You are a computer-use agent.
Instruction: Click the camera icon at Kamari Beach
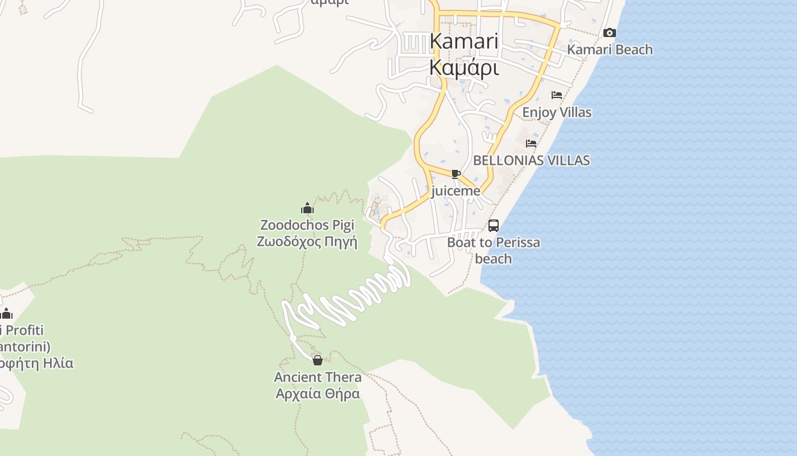pos(610,33)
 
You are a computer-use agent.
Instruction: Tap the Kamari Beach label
pos(610,50)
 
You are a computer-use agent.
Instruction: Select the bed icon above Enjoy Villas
pos(557,95)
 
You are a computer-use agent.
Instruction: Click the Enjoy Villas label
pos(557,112)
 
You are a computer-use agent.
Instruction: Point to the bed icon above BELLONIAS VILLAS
pos(531,144)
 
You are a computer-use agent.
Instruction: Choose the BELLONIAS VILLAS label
pos(531,160)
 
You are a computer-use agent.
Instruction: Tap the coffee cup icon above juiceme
pos(455,174)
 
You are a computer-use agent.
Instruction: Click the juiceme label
pos(455,191)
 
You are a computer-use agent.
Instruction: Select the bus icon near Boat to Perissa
pos(494,226)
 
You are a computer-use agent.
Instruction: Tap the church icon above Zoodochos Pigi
pos(307,208)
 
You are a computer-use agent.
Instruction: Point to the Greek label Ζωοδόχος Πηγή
pos(307,242)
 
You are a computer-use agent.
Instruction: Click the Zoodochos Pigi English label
pos(307,225)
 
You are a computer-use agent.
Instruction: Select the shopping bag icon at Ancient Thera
pos(318,360)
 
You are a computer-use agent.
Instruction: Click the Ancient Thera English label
pos(318,377)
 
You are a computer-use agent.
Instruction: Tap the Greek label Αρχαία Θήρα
pos(318,394)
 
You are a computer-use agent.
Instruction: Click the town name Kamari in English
pos(464,42)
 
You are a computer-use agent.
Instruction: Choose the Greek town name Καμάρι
pos(464,68)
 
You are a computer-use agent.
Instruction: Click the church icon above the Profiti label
pos(7,313)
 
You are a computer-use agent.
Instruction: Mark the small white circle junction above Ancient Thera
pos(293,338)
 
